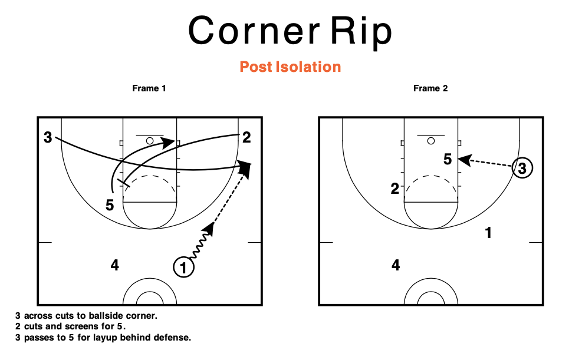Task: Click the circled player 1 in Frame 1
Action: coord(183,267)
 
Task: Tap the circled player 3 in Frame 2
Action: coord(522,168)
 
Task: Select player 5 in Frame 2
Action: coord(448,159)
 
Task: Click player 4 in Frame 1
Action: coord(115,265)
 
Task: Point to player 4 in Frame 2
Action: coord(396,265)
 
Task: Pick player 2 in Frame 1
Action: coord(246,137)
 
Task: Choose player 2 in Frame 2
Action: coord(395,189)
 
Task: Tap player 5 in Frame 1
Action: coord(110,205)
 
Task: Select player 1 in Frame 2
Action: coord(488,233)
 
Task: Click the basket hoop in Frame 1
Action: coord(150,141)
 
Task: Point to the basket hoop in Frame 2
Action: coord(431,141)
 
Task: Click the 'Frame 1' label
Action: coord(149,88)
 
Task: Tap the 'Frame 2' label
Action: coord(430,88)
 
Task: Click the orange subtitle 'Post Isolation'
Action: coord(290,67)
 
